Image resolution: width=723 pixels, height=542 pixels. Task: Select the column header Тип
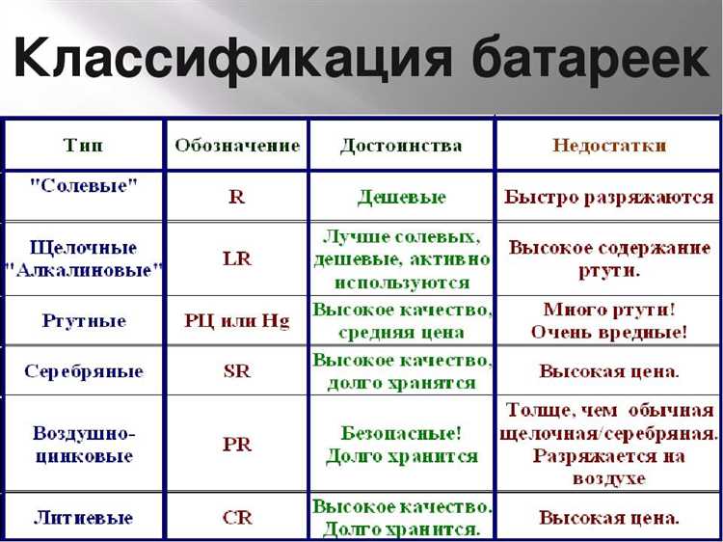pos(84,146)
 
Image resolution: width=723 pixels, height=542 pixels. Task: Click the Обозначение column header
pos(237,146)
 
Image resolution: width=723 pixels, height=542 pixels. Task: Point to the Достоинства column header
pos(401,146)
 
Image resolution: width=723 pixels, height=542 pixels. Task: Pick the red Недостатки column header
pos(609,146)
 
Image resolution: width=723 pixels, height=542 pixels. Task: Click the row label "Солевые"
pos(84,186)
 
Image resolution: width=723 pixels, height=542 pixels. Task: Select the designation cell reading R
pos(237,197)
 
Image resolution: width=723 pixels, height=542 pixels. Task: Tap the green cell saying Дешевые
pos(401,197)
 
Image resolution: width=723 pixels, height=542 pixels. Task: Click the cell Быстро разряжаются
pos(609,197)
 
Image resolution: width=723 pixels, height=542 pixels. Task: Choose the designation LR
pos(237,259)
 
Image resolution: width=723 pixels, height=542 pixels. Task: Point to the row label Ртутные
pos(84,321)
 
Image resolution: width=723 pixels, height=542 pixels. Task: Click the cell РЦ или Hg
pos(237,321)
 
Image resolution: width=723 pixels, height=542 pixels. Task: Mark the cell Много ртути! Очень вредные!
pos(609,321)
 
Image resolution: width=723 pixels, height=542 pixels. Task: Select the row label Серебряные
pos(84,371)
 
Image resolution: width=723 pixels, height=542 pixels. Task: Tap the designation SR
pos(237,371)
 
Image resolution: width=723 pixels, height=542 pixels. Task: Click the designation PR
pos(237,446)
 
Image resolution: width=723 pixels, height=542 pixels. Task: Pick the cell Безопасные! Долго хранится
pos(401,445)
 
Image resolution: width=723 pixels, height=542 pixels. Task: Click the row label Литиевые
pos(84,518)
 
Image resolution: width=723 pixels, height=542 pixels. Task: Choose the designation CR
pos(237,518)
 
